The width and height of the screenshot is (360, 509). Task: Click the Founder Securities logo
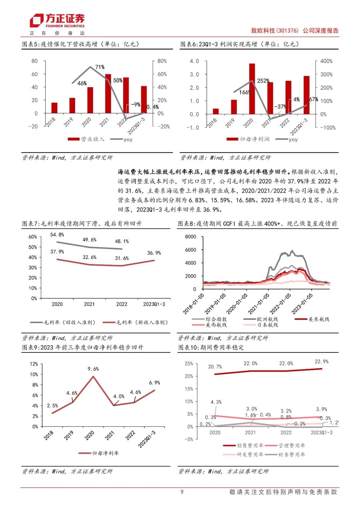point(57,21)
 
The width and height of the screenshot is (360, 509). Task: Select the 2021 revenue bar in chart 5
point(108,94)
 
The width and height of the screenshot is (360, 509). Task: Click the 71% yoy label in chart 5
point(100,67)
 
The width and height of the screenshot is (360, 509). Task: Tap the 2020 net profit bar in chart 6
point(252,89)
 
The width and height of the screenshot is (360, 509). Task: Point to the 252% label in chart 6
point(263,81)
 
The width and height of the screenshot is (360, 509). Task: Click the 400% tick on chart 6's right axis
point(326,61)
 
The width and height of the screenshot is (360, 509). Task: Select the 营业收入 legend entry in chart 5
point(86,139)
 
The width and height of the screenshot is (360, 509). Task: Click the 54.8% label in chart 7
point(57,235)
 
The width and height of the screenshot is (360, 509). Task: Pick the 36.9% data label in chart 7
point(154,253)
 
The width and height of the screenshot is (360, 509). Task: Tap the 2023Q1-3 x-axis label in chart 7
point(154,304)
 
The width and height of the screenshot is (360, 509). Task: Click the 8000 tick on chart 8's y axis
point(190,237)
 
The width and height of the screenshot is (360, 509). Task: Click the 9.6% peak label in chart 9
point(93,369)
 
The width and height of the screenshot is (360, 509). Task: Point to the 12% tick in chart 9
point(34,364)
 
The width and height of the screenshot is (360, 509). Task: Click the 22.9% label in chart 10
point(321,362)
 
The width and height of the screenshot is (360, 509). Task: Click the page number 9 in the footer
point(182,492)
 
